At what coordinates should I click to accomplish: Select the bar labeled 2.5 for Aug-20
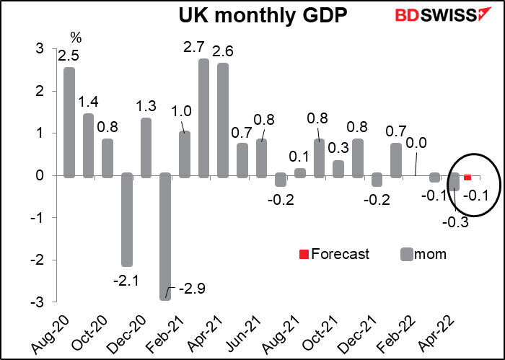pos(69,123)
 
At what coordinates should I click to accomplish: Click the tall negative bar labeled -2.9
pos(164,237)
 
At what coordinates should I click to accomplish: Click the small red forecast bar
pos(467,177)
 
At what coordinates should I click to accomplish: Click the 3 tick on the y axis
pos(38,49)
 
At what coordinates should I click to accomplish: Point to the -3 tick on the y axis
pos(36,302)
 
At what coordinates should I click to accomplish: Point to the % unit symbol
pos(75,37)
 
